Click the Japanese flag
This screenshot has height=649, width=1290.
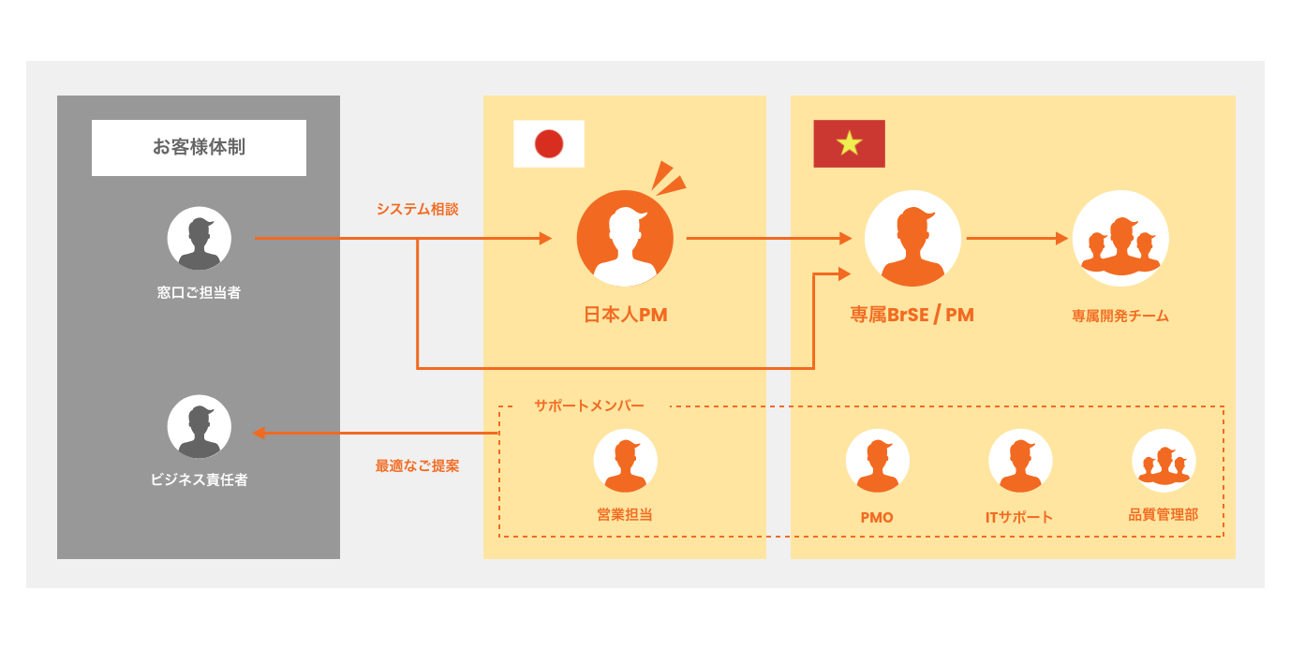pyautogui.click(x=549, y=143)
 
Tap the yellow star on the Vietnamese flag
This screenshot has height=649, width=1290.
pyautogui.click(x=850, y=143)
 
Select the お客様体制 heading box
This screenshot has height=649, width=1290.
pyautogui.click(x=199, y=147)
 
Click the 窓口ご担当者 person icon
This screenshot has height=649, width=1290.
pyautogui.click(x=200, y=239)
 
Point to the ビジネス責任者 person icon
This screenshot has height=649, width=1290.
pyautogui.click(x=200, y=427)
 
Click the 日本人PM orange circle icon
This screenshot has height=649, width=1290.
pyautogui.click(x=625, y=239)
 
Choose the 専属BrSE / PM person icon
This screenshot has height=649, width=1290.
pyautogui.click(x=912, y=239)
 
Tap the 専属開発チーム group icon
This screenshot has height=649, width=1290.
pyautogui.click(x=1120, y=239)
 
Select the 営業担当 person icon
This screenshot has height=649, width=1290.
pyautogui.click(x=626, y=461)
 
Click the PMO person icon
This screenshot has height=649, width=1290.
pyautogui.click(x=878, y=461)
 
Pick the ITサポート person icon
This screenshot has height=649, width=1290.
pyautogui.click(x=1020, y=461)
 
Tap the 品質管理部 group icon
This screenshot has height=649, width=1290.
pyautogui.click(x=1164, y=461)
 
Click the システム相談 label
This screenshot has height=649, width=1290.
pyautogui.click(x=418, y=209)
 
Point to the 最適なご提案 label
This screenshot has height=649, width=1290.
pyautogui.click(x=418, y=465)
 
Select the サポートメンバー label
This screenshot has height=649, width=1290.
pyautogui.click(x=589, y=406)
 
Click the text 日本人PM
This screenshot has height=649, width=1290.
pyautogui.click(x=626, y=315)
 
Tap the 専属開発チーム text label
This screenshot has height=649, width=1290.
pyautogui.click(x=1120, y=316)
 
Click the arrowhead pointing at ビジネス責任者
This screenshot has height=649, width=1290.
pyautogui.click(x=259, y=433)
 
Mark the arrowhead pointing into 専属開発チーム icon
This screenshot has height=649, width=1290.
pyautogui.click(x=1062, y=238)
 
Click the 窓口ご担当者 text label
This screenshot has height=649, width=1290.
pyautogui.click(x=200, y=292)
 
